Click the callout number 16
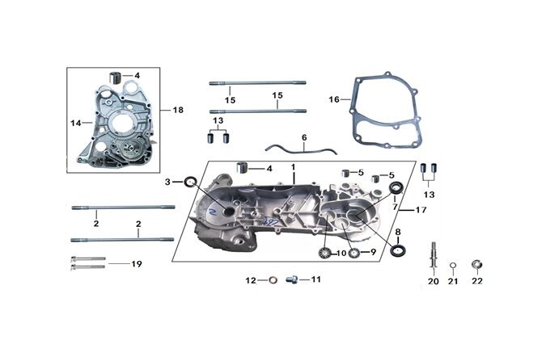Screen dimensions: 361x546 click(x=334, y=99)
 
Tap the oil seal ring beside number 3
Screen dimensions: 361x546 click(x=191, y=181)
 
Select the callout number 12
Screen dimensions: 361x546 click(x=251, y=280)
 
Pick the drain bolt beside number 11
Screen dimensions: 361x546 click(x=293, y=279)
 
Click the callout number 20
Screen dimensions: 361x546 click(x=434, y=281)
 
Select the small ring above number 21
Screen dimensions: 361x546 click(x=453, y=264)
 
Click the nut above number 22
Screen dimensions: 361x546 click(x=476, y=263)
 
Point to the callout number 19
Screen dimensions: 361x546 click(x=137, y=263)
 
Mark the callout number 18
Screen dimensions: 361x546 click(x=179, y=107)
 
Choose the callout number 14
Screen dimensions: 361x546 click(x=76, y=123)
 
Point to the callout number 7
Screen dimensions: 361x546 click(x=396, y=207)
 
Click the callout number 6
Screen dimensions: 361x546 click(x=304, y=138)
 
